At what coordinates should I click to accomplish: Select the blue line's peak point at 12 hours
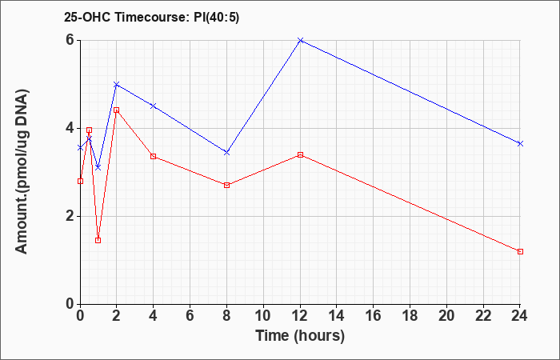pyautogui.click(x=300, y=40)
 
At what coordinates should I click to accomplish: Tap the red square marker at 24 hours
pyautogui.click(x=520, y=251)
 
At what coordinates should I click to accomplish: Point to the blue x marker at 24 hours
pyautogui.click(x=520, y=143)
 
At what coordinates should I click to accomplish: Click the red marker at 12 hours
pyautogui.click(x=300, y=154)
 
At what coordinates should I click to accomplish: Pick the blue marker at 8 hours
pyautogui.click(x=226, y=152)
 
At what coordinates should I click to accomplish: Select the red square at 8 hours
pyautogui.click(x=226, y=185)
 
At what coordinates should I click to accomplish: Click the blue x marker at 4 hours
pyautogui.click(x=153, y=106)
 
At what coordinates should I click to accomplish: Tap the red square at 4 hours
pyautogui.click(x=153, y=156)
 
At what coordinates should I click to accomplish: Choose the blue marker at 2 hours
pyautogui.click(x=116, y=84)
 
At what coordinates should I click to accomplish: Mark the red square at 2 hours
pyautogui.click(x=116, y=110)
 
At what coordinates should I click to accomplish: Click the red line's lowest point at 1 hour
pyautogui.click(x=98, y=240)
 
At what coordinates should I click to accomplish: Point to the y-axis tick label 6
pyautogui.click(x=70, y=40)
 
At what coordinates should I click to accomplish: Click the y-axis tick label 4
pyautogui.click(x=70, y=128)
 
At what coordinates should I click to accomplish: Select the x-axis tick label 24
pyautogui.click(x=520, y=315)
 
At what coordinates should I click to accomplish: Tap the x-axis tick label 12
pyautogui.click(x=300, y=315)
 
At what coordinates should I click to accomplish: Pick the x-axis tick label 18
pyautogui.click(x=410, y=315)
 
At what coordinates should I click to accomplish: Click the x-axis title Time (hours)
pyautogui.click(x=300, y=335)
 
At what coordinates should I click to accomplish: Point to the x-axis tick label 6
pyautogui.click(x=190, y=315)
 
